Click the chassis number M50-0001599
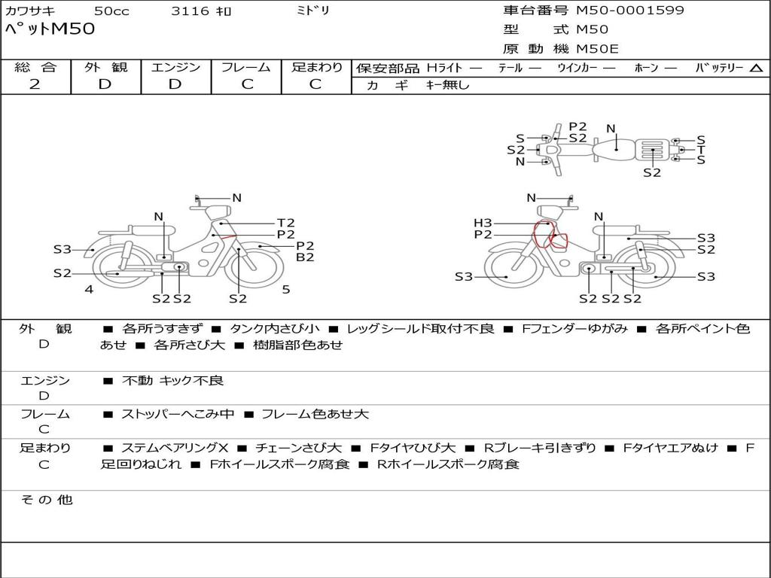[630, 10]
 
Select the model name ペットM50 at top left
[50, 29]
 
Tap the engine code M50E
[597, 49]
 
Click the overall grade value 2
[35, 84]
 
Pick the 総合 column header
[35, 67]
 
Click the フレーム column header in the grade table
[246, 67]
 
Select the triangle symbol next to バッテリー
[757, 68]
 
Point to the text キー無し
[447, 85]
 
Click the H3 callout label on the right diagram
[483, 223]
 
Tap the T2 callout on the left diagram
[285, 223]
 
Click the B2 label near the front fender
[305, 257]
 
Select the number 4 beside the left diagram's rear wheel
[89, 290]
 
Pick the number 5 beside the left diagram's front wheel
[286, 290]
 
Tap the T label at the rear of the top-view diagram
[701, 150]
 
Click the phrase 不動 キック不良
[172, 380]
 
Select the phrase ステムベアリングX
[175, 448]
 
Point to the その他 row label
[47, 500]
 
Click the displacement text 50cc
[111, 11]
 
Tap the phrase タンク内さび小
[274, 329]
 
